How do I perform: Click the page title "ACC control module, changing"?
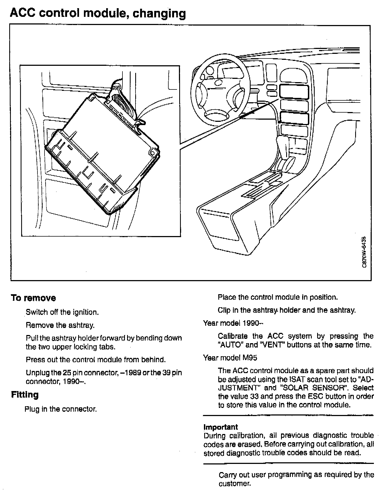click(x=98, y=13)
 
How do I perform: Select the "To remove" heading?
click(x=33, y=298)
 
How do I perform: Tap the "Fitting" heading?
click(x=25, y=395)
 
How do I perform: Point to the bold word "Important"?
click(x=220, y=427)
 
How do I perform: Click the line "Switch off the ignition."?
click(x=62, y=312)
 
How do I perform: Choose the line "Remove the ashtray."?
click(x=60, y=325)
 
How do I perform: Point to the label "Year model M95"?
click(x=230, y=358)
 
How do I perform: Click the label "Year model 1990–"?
click(x=233, y=323)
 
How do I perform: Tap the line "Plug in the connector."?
click(x=61, y=409)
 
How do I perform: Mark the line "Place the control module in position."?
click(x=278, y=297)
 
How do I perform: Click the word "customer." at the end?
click(x=234, y=484)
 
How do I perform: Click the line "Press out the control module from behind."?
click(x=96, y=360)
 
